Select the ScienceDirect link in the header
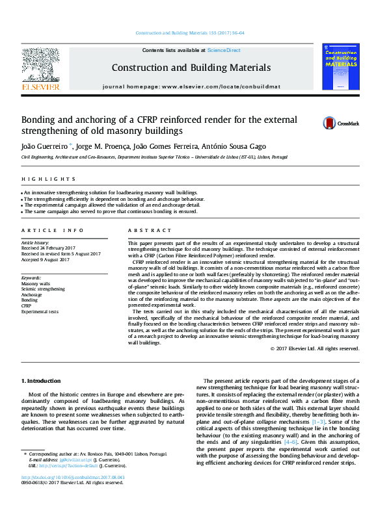[x=224, y=50]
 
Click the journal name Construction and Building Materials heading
[x=191, y=68]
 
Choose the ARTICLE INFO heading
[x=52, y=231]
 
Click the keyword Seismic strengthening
[x=43, y=289]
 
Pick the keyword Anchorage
[x=33, y=294]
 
